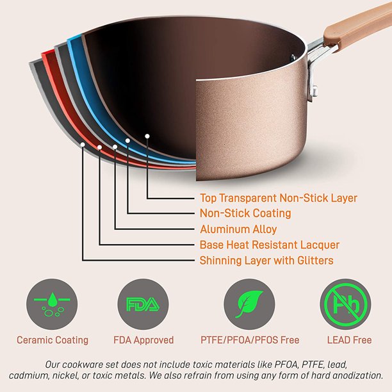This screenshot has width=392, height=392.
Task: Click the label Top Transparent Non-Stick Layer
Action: click(279, 199)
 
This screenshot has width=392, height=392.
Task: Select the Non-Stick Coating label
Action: click(245, 213)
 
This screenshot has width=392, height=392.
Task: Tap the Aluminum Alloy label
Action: click(238, 229)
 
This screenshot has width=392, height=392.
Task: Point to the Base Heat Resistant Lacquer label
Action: click(270, 245)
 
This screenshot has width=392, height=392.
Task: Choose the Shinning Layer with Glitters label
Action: click(266, 261)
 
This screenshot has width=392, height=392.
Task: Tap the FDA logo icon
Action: click(143, 304)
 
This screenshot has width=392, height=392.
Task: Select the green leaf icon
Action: click(249, 304)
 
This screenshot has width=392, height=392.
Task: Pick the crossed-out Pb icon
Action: click(345, 304)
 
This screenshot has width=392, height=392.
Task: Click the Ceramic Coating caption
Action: click(53, 340)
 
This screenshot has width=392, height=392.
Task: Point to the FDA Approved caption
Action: click(143, 340)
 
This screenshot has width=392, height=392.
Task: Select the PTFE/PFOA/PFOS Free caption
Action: click(250, 340)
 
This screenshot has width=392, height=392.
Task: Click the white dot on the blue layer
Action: click(127, 140)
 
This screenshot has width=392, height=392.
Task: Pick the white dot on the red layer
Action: click(99, 147)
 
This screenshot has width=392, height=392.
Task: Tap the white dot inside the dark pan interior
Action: click(147, 136)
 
